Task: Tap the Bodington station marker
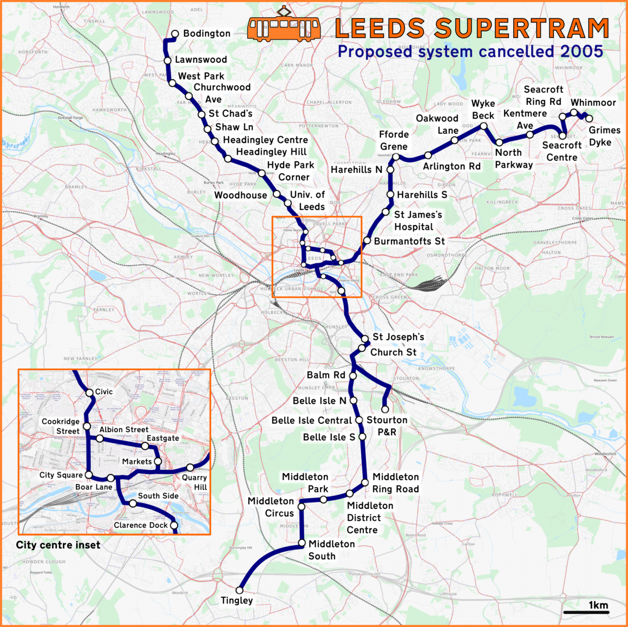(x=175, y=34)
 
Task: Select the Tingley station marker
(x=240, y=590)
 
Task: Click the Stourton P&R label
(x=387, y=426)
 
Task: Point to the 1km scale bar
(x=586, y=612)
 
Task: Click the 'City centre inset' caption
(x=58, y=545)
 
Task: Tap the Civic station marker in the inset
(x=90, y=393)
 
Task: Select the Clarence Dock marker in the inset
(x=174, y=525)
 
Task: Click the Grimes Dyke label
(x=604, y=136)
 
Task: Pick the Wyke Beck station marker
(x=483, y=126)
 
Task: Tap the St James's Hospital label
(x=417, y=221)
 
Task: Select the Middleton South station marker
(x=302, y=543)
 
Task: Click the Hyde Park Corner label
(x=291, y=171)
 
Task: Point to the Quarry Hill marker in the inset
(x=190, y=467)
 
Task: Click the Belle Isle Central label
(x=312, y=421)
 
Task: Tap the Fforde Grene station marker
(x=396, y=157)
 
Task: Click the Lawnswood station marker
(x=168, y=61)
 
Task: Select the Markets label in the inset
(x=137, y=461)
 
